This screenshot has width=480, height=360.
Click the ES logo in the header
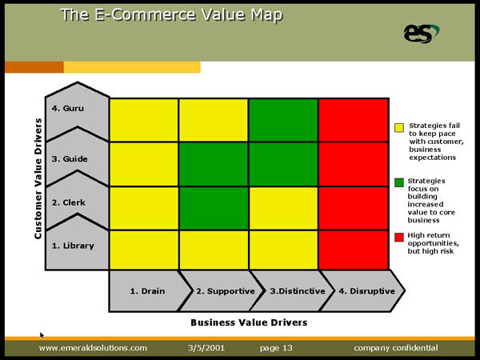click(422, 34)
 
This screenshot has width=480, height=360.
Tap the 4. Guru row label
click(68, 108)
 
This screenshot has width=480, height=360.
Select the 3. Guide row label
click(70, 159)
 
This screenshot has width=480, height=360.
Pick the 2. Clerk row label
click(69, 202)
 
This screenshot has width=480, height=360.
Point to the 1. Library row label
click(73, 246)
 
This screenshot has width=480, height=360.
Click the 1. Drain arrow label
click(147, 291)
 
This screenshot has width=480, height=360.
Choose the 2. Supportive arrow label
click(226, 291)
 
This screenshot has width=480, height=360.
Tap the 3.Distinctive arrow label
click(298, 291)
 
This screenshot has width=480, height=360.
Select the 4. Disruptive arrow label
click(366, 291)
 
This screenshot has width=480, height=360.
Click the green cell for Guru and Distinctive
click(283, 120)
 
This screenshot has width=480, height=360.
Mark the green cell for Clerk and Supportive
click(214, 208)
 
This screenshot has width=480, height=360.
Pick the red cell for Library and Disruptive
click(354, 250)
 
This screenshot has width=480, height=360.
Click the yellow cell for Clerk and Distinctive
click(283, 208)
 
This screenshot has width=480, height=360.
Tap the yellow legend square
click(399, 128)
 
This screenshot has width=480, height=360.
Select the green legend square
click(399, 182)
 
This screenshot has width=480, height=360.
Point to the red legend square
click(399, 238)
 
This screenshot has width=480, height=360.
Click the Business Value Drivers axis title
click(249, 322)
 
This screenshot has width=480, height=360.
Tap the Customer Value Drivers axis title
click(38, 178)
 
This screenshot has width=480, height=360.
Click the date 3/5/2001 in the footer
click(206, 348)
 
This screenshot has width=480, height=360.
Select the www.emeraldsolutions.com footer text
click(93, 348)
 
